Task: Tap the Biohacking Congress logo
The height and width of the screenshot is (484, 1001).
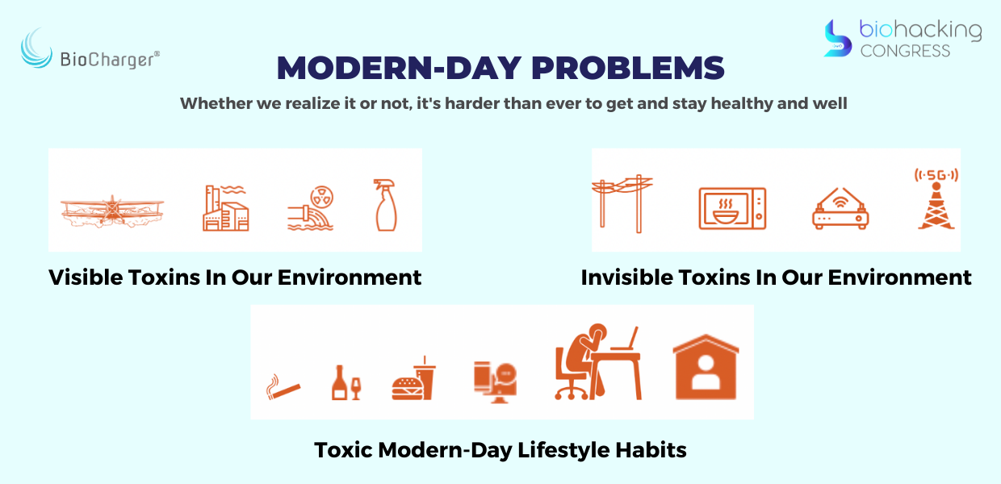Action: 903,39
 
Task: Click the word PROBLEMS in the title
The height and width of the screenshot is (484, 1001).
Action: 628,69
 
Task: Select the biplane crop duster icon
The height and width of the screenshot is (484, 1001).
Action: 112,211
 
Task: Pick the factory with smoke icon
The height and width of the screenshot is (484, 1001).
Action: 225,208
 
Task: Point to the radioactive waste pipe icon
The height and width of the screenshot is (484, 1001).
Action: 311,208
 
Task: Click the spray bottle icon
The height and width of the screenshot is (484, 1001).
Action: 385,205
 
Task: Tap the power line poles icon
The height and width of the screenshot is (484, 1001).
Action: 622,203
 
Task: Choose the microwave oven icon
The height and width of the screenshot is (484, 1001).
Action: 732,208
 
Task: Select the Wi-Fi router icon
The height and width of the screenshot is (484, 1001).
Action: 840,208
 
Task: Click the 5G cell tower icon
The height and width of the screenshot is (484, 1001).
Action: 936,199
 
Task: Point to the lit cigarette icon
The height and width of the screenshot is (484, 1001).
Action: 283,387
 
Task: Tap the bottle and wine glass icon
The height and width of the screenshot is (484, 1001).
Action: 346,382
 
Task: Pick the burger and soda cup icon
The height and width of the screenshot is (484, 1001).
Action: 413,378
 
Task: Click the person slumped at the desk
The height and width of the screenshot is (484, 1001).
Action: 598,361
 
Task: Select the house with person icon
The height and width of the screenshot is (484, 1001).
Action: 706,366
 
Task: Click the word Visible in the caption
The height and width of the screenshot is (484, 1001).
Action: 86,277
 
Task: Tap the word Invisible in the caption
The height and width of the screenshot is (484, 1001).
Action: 627,277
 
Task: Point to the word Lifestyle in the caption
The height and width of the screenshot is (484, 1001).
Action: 563,450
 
